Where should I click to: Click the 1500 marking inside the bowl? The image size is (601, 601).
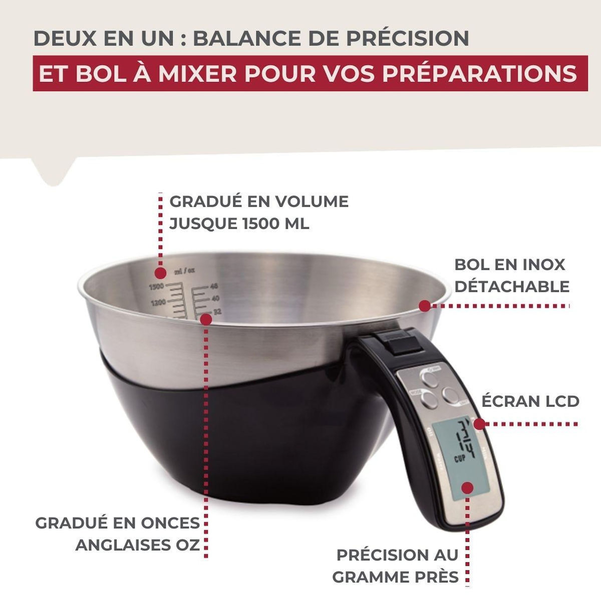[x=157, y=286]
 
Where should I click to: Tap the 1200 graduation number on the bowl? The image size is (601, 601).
[x=158, y=302]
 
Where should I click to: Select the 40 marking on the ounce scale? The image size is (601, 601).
[x=216, y=298]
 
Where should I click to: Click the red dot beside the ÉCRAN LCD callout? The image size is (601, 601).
[x=479, y=424]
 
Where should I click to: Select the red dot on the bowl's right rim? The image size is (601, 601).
[x=425, y=306]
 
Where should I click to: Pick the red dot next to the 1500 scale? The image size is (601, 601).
[x=160, y=273]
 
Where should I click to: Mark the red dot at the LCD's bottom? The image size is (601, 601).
[x=468, y=487]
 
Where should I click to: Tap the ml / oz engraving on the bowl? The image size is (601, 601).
[x=184, y=272]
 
